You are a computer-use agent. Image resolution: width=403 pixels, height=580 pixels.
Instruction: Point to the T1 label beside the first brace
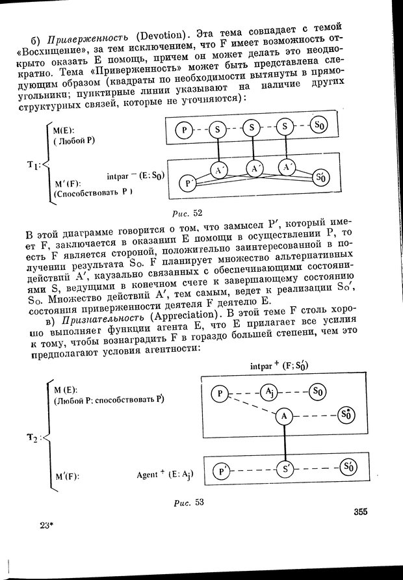pyautogui.click(x=32, y=166)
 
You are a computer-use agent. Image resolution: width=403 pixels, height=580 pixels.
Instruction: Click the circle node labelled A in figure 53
pyautogui.click(x=283, y=415)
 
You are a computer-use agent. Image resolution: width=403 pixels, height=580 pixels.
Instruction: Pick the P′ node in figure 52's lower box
pyautogui.click(x=188, y=183)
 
